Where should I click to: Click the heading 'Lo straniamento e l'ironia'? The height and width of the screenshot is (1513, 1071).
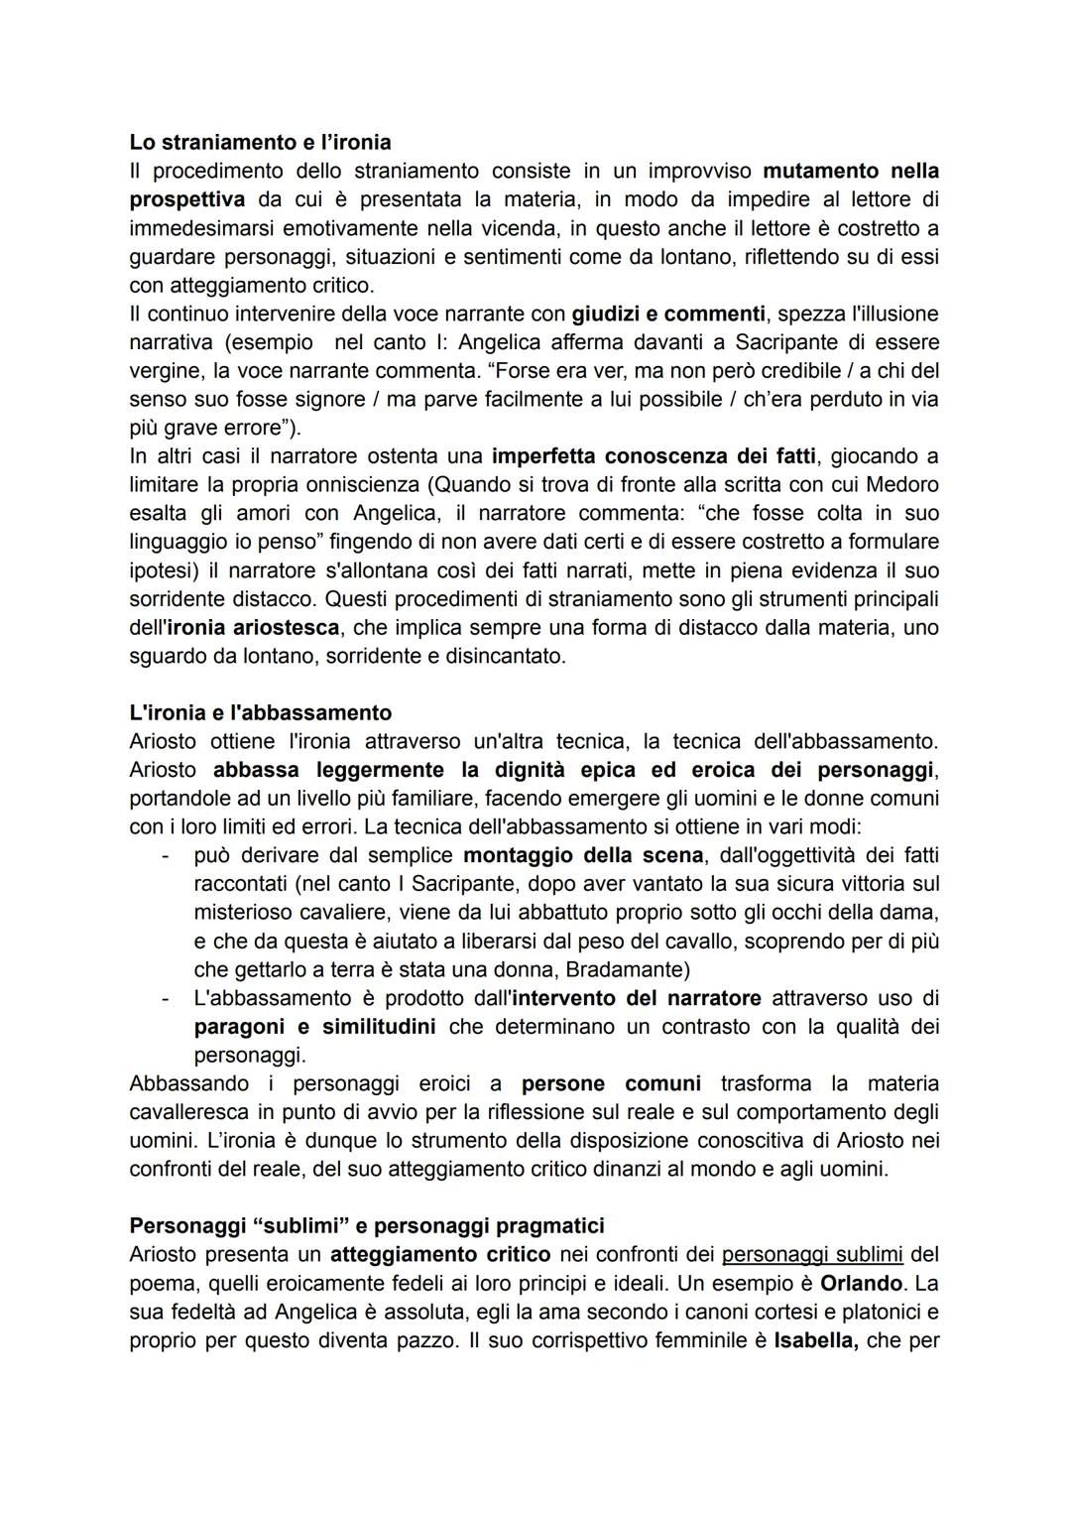[x=260, y=142]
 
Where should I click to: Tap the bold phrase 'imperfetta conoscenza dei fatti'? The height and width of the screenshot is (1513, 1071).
[x=654, y=456]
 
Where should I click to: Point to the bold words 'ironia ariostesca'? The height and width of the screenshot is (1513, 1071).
[x=253, y=628]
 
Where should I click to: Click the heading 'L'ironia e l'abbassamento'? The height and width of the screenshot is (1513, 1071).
[x=260, y=712]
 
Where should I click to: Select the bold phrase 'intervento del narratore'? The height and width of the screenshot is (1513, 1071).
[x=637, y=998]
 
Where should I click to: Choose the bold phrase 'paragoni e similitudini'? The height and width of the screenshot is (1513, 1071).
[x=314, y=1026]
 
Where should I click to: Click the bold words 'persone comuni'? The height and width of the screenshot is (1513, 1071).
[x=611, y=1083]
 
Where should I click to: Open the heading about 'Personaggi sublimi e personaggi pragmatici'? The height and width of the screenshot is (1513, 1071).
[x=367, y=1225]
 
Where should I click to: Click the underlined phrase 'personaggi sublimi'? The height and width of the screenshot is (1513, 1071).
[x=812, y=1254]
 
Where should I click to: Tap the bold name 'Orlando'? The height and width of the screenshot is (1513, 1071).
[x=860, y=1283]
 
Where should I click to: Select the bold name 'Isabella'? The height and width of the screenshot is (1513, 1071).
[x=814, y=1340]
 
